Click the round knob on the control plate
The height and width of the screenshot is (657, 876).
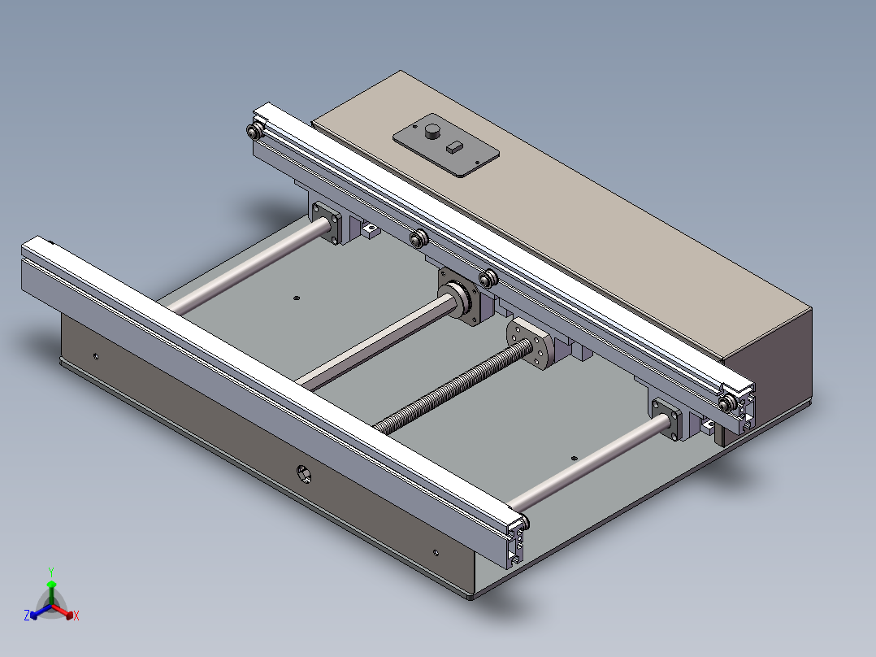(x=432, y=132)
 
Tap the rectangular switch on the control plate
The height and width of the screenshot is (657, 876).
(x=455, y=147)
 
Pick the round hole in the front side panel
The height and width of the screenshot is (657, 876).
(x=303, y=473)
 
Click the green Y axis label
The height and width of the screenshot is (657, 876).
(x=51, y=572)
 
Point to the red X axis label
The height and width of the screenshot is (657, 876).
(x=76, y=616)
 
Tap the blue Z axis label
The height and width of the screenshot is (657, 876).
(x=27, y=615)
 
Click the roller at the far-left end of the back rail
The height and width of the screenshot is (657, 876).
(x=255, y=132)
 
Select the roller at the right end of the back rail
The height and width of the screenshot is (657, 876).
(x=726, y=403)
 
